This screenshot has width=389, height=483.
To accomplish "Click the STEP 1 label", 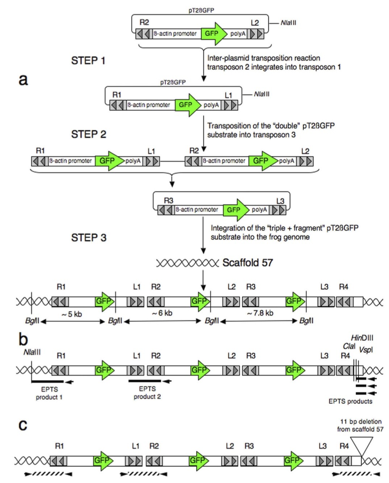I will point(88,61).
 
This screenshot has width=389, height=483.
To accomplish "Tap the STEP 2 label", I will point(88,134).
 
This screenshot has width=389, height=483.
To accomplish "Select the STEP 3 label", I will point(89,238).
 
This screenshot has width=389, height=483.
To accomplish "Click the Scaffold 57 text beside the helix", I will point(247,262).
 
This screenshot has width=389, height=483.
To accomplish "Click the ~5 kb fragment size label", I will point(72,314).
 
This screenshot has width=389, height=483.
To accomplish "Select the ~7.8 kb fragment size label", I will point(260,313).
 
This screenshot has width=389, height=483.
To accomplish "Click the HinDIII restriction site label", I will point(362,338).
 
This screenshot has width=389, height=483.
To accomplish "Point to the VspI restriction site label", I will point(366,350).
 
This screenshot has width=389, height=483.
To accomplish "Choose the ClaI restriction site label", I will point(349,346).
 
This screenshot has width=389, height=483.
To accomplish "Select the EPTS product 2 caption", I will point(147,393).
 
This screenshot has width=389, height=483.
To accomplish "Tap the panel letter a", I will point(23,79).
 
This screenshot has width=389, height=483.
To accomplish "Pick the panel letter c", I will point(22,424).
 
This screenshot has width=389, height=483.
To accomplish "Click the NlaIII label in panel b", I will point(32,352).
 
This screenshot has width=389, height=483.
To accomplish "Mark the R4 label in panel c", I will point(344,446).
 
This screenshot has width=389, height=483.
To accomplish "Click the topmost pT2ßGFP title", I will point(201,10).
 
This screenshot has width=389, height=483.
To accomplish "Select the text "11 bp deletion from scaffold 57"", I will point(360,425).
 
